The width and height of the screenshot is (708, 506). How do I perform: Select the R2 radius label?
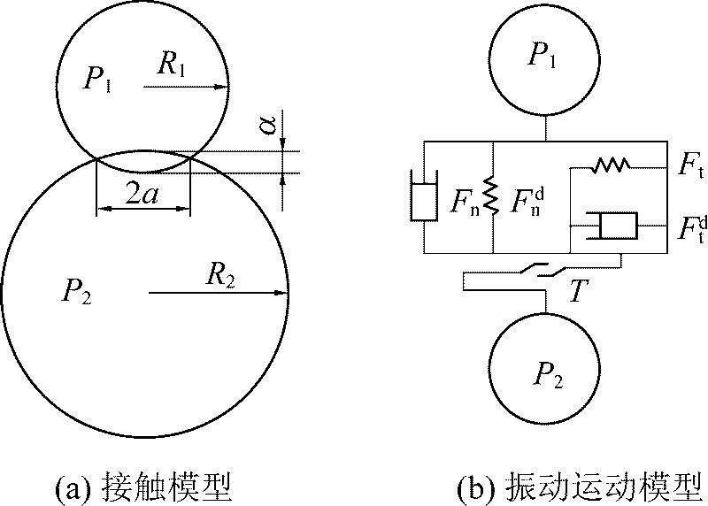point(220,275)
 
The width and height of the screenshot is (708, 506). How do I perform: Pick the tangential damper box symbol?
point(618,225)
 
